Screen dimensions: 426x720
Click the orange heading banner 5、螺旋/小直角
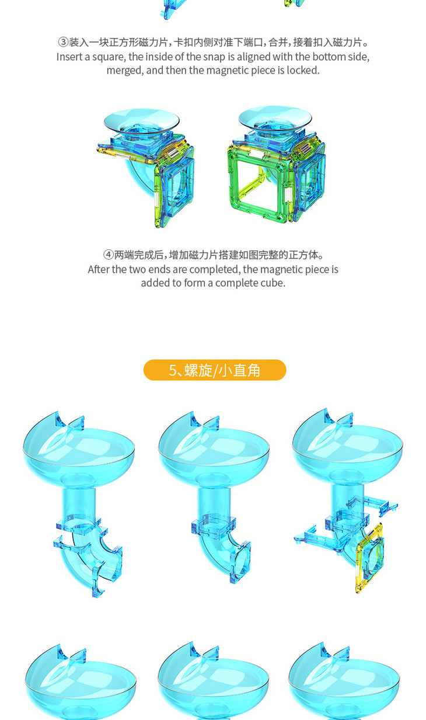point(215,370)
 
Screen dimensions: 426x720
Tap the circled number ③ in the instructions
point(63,42)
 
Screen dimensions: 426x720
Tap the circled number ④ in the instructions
point(109,255)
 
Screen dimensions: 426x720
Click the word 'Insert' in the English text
point(69,57)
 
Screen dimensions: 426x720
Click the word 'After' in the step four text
point(99,269)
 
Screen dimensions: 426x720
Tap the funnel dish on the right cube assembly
point(275,119)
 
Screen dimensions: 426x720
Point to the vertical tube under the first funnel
point(78,502)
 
